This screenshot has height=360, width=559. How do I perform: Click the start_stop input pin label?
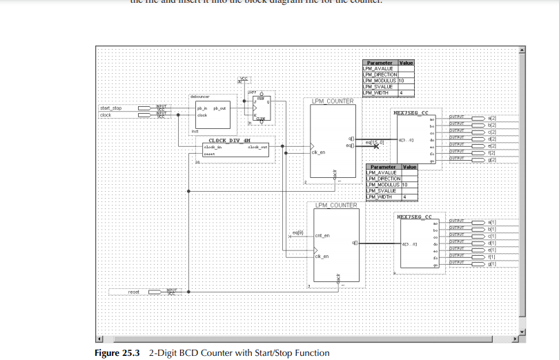coord(110,108)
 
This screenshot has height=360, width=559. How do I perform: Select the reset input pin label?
coord(133,292)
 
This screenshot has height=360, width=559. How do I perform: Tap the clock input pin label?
coord(106,115)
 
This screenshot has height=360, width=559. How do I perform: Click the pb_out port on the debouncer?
coord(219,108)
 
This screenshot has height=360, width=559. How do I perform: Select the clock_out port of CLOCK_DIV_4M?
coord(258,147)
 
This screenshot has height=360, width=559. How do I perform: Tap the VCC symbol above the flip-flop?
coord(243,79)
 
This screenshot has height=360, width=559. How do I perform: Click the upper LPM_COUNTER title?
coord(332,101)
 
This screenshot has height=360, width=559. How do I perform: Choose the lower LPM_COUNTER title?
coord(336,206)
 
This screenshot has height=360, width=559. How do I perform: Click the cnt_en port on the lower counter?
coord(322,236)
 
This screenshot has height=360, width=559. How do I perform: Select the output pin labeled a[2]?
coord(492,118)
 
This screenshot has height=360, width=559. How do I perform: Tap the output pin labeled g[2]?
coord(492,159)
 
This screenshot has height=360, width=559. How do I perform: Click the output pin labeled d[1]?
coord(492,243)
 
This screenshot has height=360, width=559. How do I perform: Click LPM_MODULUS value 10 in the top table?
coord(401,81)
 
